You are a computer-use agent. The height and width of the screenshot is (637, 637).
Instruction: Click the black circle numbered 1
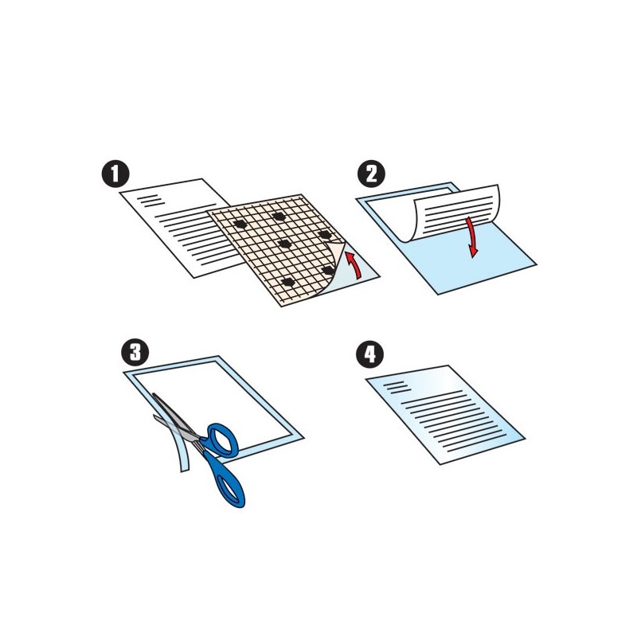click(x=115, y=174)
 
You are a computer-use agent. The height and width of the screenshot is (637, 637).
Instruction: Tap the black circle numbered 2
click(x=371, y=174)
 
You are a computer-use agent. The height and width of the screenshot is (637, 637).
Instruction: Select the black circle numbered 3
click(x=135, y=353)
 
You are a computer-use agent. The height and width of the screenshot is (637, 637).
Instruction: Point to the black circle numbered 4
click(x=369, y=354)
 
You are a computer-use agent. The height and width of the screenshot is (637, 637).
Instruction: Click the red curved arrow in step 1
click(x=355, y=264)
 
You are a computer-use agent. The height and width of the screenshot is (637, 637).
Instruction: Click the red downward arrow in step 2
click(x=471, y=237)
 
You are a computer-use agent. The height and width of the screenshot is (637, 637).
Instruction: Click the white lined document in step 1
click(x=178, y=228)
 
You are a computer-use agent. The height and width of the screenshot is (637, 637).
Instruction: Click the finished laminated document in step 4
click(x=445, y=414)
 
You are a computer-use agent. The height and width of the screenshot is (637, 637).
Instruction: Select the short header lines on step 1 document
click(x=150, y=201)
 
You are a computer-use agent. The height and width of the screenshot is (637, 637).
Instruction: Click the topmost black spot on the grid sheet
click(x=279, y=216)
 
